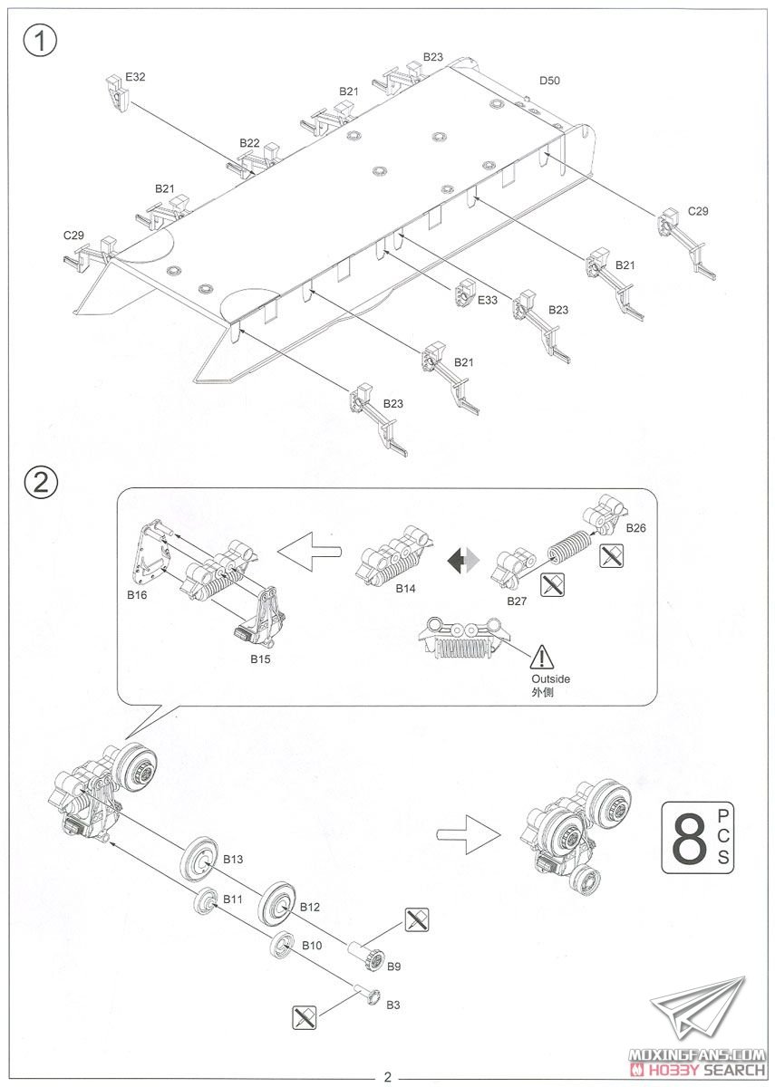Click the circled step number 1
click(39, 42)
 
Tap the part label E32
click(135, 77)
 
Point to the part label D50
click(549, 81)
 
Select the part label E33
click(488, 300)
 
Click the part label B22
click(250, 143)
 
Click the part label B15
click(260, 659)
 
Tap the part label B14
click(405, 589)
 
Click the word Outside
click(551, 678)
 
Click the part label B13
click(233, 859)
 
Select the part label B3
click(393, 1005)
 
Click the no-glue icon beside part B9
click(416, 920)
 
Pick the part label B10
click(312, 946)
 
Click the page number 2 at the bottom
click(387, 1077)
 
